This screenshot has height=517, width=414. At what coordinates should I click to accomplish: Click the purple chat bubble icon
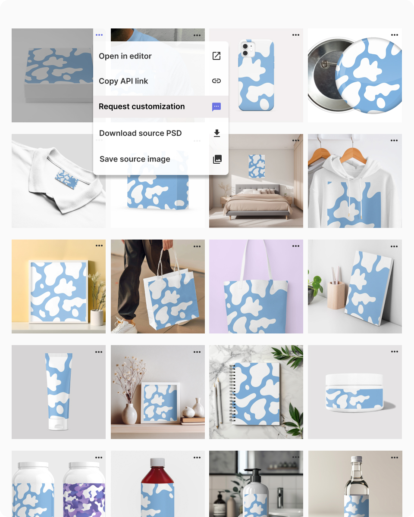coord(216,107)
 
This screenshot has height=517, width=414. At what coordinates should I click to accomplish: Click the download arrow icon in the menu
coord(217,133)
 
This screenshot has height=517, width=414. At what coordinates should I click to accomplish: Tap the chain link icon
coord(216,81)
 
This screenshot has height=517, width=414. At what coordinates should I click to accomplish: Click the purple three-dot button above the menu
coord(99,35)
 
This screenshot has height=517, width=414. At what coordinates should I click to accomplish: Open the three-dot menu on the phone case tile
coord(296,35)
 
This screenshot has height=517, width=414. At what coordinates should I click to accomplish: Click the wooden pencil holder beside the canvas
coord(336,295)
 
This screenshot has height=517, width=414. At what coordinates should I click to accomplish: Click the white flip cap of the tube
coord(58,424)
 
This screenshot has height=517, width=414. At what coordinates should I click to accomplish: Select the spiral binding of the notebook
coord(232,393)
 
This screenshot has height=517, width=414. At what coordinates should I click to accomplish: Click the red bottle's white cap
coord(157,462)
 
